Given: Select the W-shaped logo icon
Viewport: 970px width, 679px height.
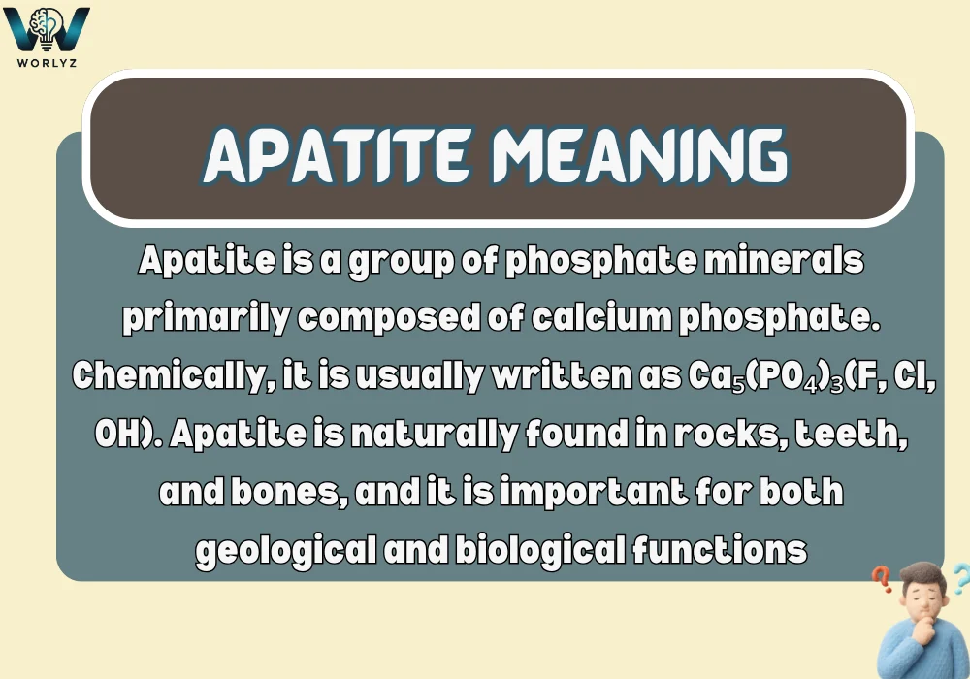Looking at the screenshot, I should (x=47, y=27).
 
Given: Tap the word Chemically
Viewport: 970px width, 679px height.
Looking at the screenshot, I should (x=164, y=376).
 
